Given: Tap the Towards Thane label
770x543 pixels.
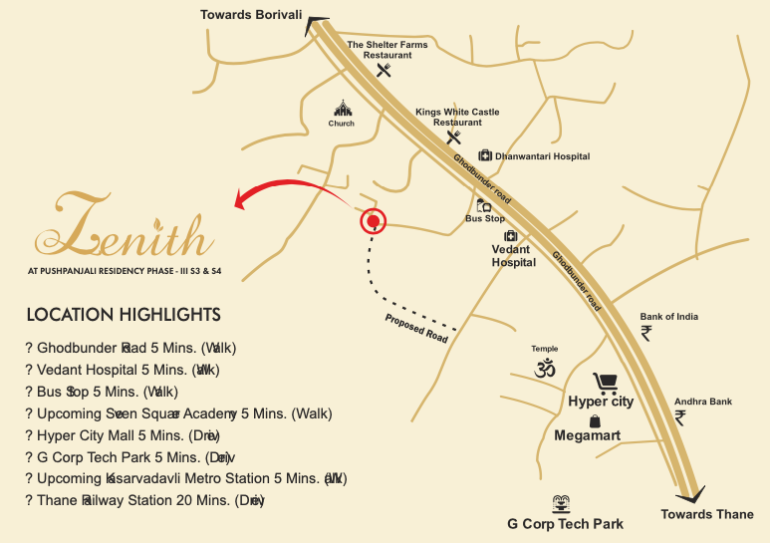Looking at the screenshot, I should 707,514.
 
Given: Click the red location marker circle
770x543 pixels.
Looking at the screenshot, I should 373,221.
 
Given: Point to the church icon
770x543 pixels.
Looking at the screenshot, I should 342,109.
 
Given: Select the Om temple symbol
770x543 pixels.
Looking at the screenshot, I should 544,369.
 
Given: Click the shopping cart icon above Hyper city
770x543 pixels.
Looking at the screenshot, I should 604,383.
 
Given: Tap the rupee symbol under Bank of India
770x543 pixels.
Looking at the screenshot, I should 646,333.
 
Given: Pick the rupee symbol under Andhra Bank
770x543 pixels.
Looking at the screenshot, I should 680,417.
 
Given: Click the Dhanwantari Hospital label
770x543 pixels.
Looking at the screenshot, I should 543,156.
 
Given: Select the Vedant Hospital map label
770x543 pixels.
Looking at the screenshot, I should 514,256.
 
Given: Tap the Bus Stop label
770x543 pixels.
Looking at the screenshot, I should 485,218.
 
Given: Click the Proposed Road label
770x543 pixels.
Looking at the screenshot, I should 416,328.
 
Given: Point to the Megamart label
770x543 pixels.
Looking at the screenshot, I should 587,435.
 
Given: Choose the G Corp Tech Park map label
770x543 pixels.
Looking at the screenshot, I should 565,524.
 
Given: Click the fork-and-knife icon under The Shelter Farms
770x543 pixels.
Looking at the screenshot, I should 385,70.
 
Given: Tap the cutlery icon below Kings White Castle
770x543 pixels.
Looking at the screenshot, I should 454,137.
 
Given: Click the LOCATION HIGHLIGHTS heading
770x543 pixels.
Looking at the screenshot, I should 124,315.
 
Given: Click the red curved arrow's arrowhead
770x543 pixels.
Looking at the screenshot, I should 240,202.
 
